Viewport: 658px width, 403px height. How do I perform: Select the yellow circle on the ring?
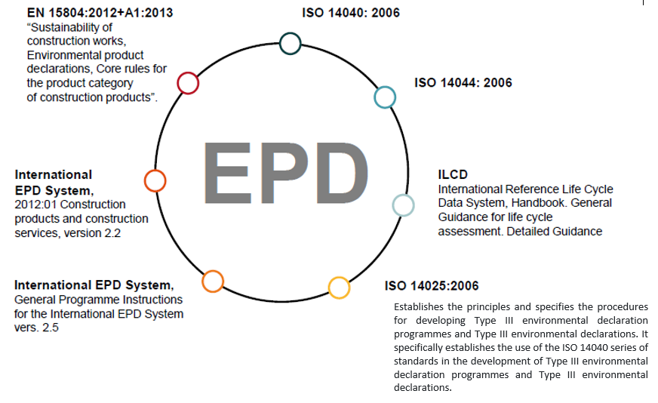click(339, 278)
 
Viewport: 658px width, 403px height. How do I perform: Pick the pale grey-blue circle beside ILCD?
click(403, 196)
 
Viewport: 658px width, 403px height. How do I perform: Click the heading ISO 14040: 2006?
click(351, 13)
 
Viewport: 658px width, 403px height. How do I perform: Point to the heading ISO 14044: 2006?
click(463, 82)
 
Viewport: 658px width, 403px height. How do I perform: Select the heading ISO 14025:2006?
click(432, 286)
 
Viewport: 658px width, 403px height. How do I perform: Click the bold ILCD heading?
click(453, 174)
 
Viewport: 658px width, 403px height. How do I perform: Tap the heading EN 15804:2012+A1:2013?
click(100, 13)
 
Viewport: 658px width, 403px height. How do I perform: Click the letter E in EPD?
click(228, 173)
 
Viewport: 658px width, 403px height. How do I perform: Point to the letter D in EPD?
click(342, 173)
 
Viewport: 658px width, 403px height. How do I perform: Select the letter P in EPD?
click(284, 173)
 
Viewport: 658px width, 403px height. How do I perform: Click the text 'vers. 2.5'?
click(36, 328)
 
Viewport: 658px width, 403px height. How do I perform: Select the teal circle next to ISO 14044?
click(385, 88)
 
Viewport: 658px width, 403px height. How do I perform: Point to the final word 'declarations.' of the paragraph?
click(423, 387)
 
